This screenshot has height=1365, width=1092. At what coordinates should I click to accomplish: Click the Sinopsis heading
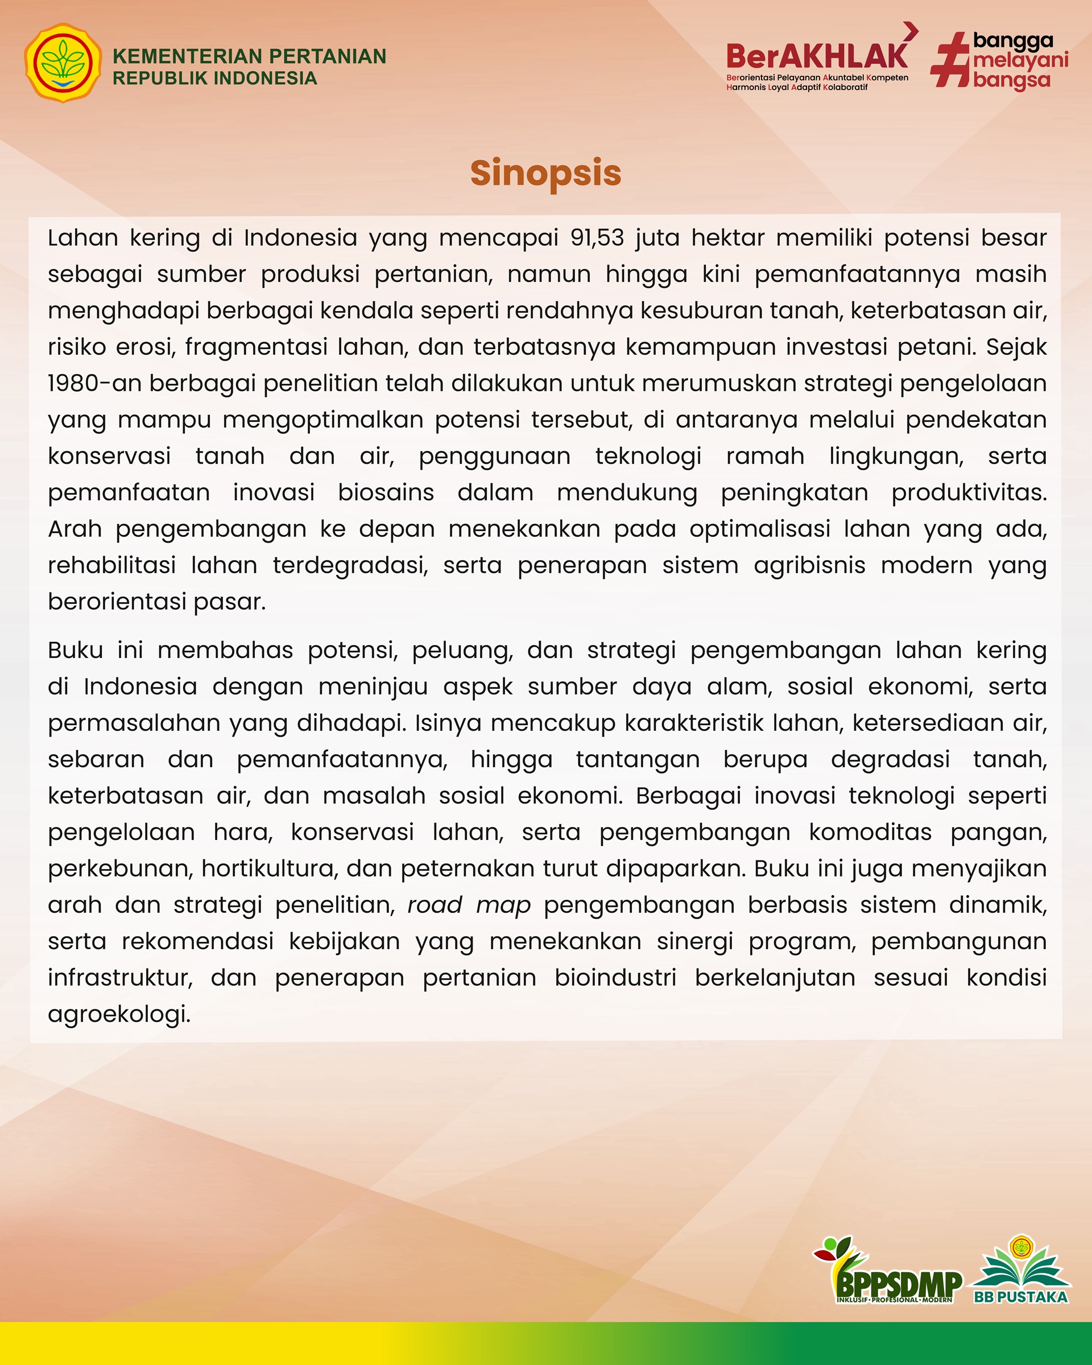545,173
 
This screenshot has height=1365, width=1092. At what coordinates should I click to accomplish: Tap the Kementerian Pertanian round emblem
63,63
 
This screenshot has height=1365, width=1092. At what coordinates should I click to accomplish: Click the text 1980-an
94,383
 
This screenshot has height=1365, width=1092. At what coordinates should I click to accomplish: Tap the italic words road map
469,905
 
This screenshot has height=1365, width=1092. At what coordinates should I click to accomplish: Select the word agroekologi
119,1014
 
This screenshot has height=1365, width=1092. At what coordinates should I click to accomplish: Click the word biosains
386,493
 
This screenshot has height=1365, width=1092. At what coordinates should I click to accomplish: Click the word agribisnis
809,565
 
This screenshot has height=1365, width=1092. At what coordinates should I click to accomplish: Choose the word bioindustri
615,978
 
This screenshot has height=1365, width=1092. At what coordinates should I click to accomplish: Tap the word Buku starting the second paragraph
75,650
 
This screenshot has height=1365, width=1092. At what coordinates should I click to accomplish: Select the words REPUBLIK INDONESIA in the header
214,78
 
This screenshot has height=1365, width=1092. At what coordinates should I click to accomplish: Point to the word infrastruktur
120,978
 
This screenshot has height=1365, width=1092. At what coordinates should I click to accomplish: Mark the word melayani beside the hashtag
1020,61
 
